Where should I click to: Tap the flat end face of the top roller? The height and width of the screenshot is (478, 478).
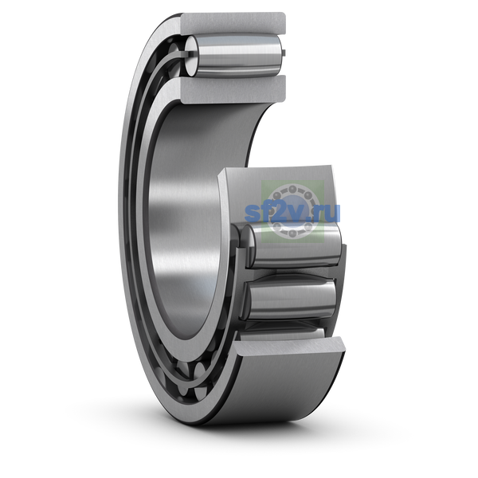coord(190,56)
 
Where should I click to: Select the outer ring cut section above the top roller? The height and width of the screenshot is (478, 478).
coord(233,22)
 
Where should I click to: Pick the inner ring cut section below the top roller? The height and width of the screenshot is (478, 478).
coord(233,88)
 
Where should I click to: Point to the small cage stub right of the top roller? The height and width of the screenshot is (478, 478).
coord(284,53)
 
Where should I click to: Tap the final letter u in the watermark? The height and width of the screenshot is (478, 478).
coord(332,212)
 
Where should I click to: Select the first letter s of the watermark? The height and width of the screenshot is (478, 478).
coord(252,213)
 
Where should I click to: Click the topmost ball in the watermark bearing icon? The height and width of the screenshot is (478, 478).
coord(292,189)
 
